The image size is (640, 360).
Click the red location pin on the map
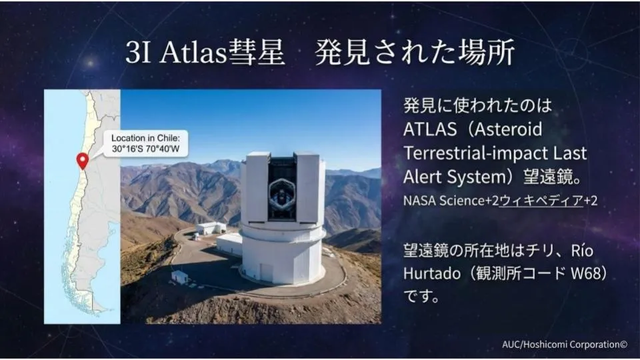tap(83, 161)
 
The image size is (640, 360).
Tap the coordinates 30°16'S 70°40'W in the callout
tap(146, 149)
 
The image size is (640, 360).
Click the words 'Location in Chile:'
tap(145, 138)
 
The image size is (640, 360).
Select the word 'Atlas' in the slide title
tap(193, 53)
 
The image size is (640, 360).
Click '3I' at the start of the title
tap(139, 53)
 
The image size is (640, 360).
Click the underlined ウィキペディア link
tap(541, 201)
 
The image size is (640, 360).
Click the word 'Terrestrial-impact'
tap(473, 153)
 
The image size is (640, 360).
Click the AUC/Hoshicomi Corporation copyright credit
tap(565, 345)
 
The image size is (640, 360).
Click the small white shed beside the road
tap(180, 277)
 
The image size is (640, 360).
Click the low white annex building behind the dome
tap(229, 244)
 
